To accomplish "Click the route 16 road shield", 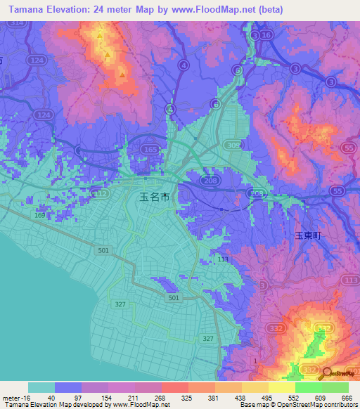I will point(264,35).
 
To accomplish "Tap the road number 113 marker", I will point(223,259).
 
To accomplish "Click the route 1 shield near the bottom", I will point(255,361).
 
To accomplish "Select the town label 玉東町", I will point(307,237).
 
